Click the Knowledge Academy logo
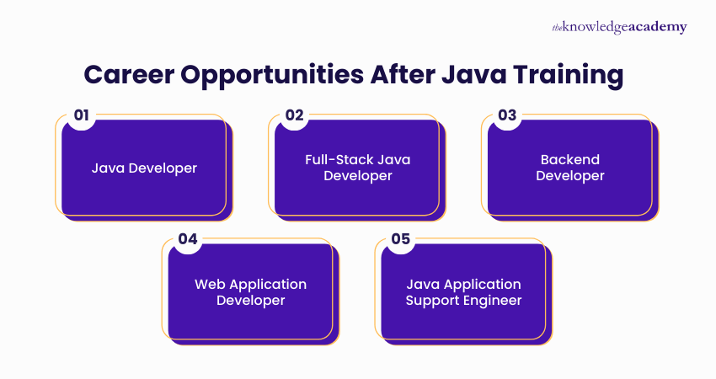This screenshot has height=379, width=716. pos(619,27)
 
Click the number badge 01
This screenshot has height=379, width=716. pos(81,115)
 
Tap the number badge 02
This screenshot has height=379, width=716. pos(294,115)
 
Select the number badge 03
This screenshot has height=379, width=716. pos(507,115)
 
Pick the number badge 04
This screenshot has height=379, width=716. pos(187,239)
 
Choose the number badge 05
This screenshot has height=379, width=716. pos(401,239)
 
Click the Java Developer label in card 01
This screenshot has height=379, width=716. pos(144,168)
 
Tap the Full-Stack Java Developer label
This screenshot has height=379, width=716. pos(358,168)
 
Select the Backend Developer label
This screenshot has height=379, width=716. pos(570,168)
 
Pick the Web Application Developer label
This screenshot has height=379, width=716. pos(251,291)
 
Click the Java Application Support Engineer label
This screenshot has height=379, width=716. pos(463,291)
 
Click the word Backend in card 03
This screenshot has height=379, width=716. pos(570,160)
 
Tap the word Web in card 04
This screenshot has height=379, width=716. pos(210,284)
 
